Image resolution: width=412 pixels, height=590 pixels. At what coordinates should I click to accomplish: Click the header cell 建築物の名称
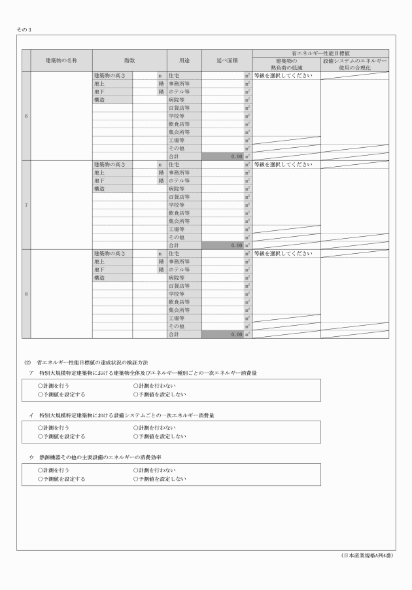pos(61,60)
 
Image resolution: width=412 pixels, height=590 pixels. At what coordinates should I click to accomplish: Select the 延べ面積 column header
pos(226,60)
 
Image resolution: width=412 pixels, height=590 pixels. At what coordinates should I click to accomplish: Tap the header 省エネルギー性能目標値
pos(320,52)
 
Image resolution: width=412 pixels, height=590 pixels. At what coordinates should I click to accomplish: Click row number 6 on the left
pos(26,116)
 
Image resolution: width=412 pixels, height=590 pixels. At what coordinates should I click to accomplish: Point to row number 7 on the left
pos(26,205)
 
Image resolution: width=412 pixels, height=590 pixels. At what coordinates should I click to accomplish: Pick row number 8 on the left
pos(26,294)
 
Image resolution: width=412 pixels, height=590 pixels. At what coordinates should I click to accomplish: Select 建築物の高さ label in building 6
pos(111,76)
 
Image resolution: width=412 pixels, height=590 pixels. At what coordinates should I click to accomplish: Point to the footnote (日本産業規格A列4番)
pos(368,556)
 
